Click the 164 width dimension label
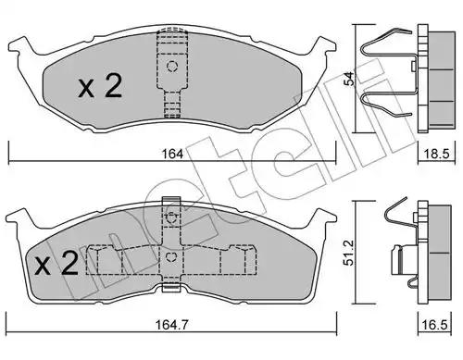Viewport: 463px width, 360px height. coord(172,154)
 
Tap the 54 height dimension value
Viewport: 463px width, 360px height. coord(349,79)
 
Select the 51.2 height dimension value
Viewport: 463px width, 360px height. coord(349,253)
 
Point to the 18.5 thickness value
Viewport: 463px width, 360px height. coord(436,154)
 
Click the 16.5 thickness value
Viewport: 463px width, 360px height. coord(435,325)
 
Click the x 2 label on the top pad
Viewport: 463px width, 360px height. coord(100,87)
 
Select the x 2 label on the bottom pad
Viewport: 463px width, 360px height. coord(56,263)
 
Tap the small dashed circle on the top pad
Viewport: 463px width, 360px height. coord(172,67)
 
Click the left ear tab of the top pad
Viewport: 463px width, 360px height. coord(20,48)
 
